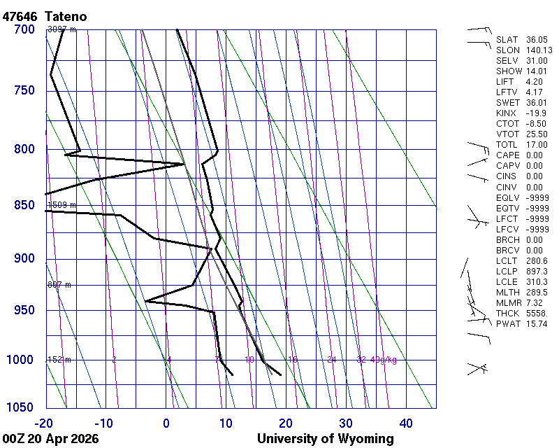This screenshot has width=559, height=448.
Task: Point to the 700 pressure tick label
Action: coord(24,29)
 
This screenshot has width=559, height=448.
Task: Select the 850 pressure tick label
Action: coord(24,205)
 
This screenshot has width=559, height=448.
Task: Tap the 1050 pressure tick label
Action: coord(21,407)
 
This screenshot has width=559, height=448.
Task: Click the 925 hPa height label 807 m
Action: coord(59,285)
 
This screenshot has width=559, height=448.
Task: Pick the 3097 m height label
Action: coord(61,29)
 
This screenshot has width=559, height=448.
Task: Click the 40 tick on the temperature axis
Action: coord(406,423)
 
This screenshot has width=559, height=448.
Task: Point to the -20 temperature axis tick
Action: coord(43,423)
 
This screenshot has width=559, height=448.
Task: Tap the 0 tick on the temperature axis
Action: coord(166,423)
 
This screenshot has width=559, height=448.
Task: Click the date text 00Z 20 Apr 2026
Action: coord(50,439)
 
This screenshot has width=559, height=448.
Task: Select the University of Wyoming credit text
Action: coord(326,439)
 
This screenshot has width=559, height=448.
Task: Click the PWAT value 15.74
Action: coord(536,324)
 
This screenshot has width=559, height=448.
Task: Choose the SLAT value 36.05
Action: coord(537,40)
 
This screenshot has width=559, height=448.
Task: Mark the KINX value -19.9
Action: coord(536,113)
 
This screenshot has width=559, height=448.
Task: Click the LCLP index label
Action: coord(508,271)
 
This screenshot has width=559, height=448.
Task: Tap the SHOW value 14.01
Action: coord(537,71)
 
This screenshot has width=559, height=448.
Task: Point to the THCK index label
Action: coord(508,314)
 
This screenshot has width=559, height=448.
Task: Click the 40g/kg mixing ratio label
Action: coord(384,360)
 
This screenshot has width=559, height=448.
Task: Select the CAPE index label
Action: coord(508,155)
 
